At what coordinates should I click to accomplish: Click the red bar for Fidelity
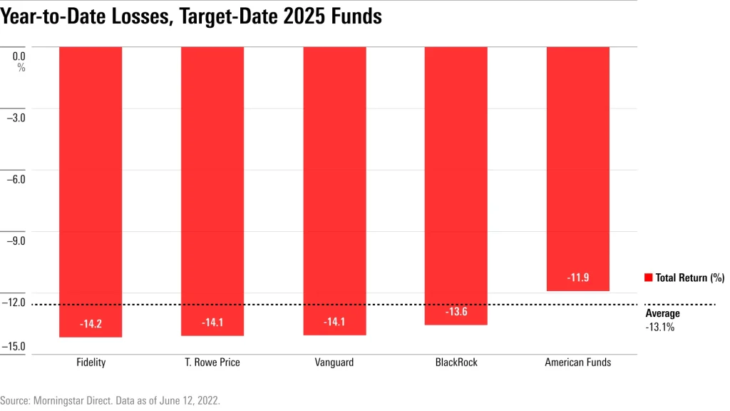(91, 186)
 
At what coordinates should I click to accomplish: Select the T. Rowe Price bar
(212, 186)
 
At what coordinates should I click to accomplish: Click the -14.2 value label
(91, 324)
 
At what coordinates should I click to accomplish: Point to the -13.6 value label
(456, 312)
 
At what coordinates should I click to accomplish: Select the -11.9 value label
(578, 278)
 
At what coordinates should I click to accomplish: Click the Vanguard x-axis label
(334, 362)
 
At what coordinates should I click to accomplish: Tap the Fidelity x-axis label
(91, 362)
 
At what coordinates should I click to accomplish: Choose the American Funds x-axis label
(578, 362)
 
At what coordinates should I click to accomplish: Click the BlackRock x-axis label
(456, 362)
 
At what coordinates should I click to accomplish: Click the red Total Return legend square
(648, 278)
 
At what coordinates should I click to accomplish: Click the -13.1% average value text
(659, 327)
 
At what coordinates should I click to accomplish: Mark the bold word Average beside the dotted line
(662, 313)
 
